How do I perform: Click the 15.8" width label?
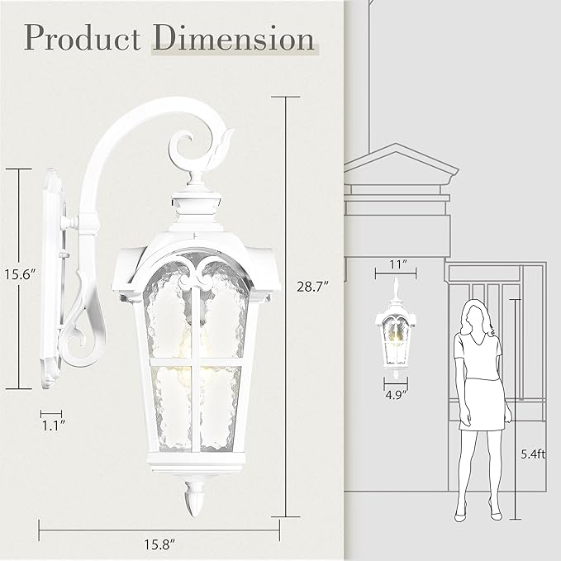pos(162,545)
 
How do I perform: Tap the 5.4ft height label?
pos(534,453)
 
